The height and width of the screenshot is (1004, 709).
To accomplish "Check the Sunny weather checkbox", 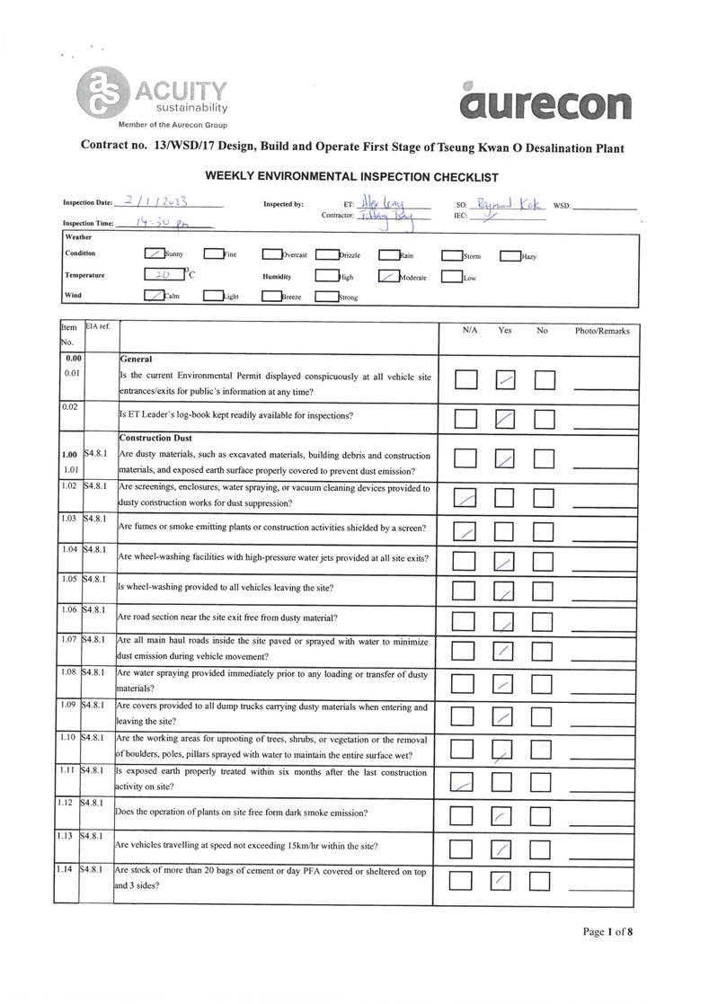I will pos(154,255).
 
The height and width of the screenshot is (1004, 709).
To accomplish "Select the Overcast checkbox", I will pos(272,255).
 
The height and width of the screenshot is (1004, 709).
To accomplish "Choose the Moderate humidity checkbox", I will pos(388,277).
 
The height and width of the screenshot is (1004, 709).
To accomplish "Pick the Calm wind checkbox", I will pos(154,296).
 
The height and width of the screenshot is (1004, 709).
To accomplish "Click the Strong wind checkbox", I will pos(326,297).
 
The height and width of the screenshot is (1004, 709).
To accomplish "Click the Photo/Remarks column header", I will pos(602,331).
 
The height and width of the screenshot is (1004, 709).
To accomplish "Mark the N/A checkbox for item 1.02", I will pos(465,497).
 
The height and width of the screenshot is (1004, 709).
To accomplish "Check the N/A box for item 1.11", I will pos(463,783).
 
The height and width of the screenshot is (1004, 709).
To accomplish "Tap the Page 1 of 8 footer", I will pos(607,931).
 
